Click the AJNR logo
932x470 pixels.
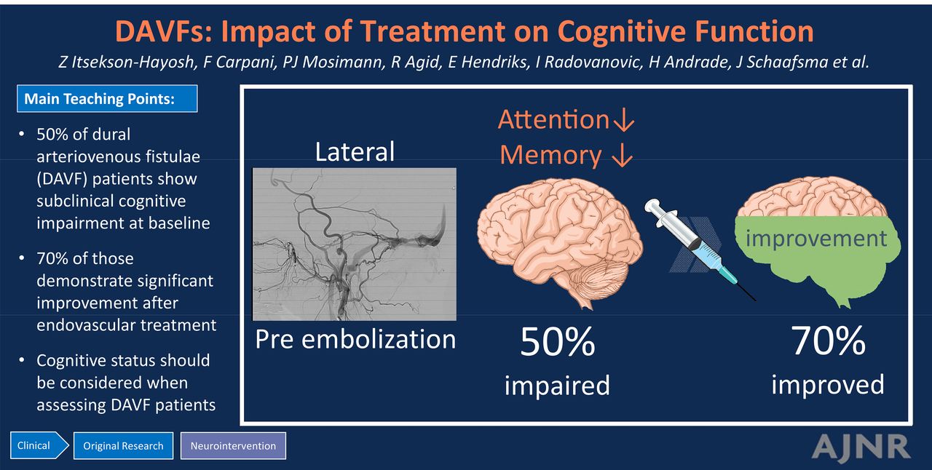(861, 447)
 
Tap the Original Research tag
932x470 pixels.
(123, 446)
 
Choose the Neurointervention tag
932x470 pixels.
(233, 446)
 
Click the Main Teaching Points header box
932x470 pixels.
(107, 98)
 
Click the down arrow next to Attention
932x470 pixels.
(624, 120)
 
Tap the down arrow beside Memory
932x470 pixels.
(623, 156)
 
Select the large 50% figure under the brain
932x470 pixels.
(558, 341)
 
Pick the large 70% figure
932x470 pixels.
(829, 340)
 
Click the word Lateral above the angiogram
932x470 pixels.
(355, 151)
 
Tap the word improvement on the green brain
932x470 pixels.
(816, 239)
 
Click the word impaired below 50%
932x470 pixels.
(557, 386)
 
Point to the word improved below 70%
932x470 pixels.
(828, 384)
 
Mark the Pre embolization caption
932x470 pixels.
(355, 339)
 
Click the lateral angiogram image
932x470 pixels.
(355, 244)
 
